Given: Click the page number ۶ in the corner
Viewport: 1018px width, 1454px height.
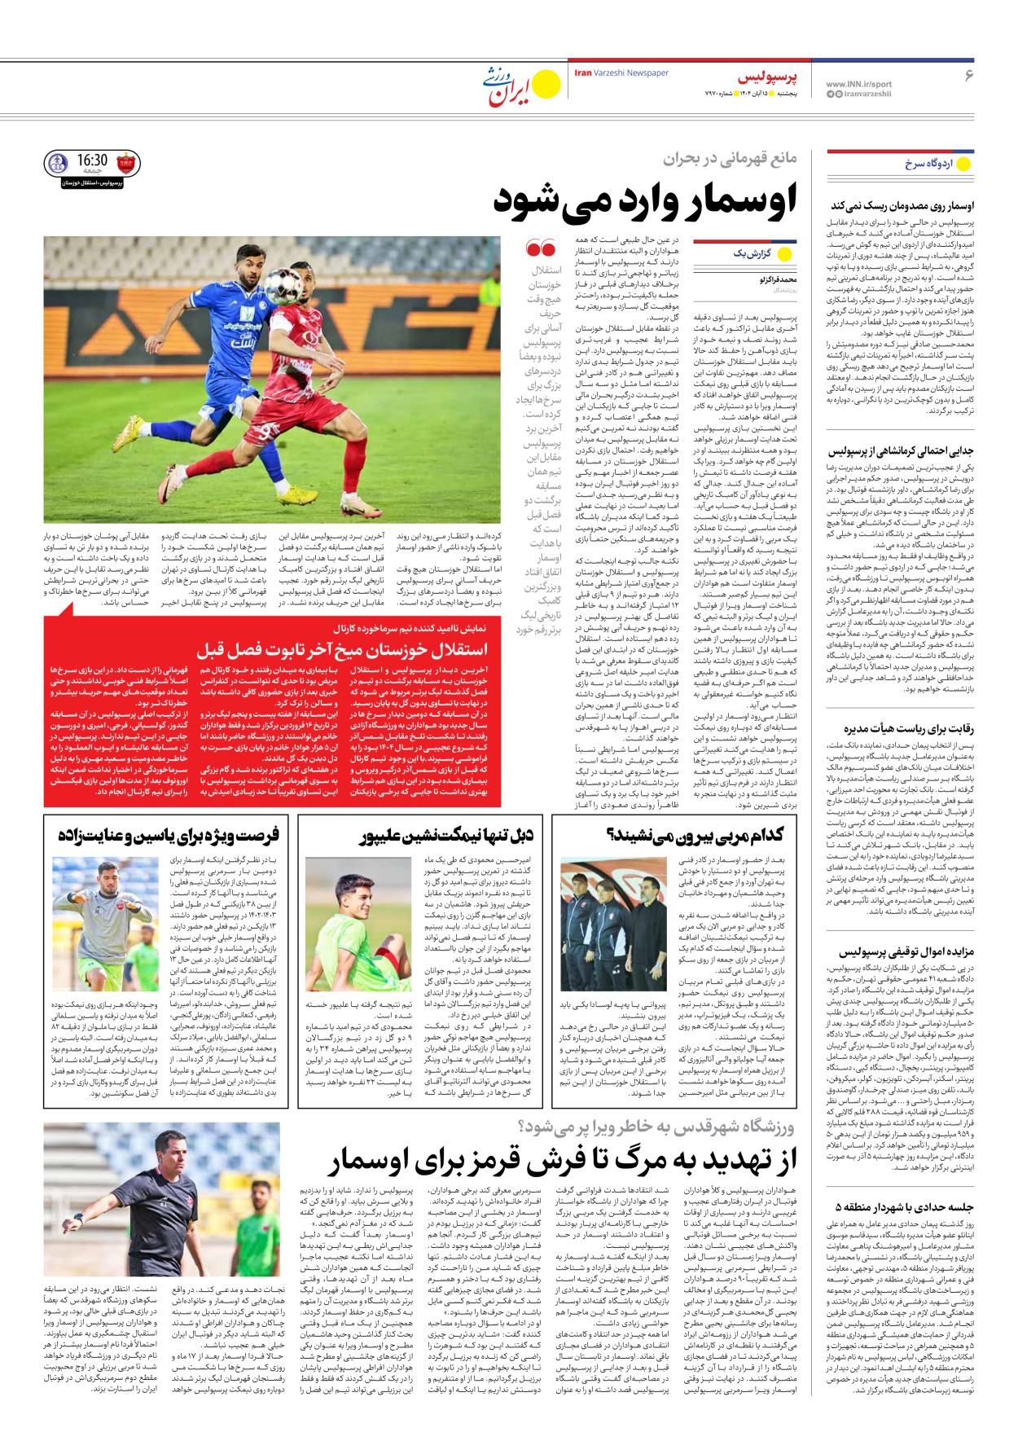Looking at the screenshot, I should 969,76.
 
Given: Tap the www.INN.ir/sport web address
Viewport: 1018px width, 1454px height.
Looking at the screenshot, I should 858,84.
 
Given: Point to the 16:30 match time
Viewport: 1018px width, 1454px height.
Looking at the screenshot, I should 92,161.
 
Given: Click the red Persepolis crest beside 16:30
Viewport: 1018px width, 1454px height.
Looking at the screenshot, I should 127,163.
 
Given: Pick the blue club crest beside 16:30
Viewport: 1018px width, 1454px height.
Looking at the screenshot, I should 58,163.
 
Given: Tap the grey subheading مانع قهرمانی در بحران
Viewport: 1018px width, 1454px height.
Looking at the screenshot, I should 729,158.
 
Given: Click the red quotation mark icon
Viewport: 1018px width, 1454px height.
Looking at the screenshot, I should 540,248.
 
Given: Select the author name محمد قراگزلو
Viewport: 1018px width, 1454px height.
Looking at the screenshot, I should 778,280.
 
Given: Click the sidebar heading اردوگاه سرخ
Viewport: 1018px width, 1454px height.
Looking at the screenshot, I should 928,164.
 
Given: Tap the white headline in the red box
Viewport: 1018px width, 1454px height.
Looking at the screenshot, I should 342,649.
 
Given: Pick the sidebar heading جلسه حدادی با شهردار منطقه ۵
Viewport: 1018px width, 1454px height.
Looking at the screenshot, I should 904,1207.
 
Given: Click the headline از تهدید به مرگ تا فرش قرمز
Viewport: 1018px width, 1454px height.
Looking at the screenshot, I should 562,1159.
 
